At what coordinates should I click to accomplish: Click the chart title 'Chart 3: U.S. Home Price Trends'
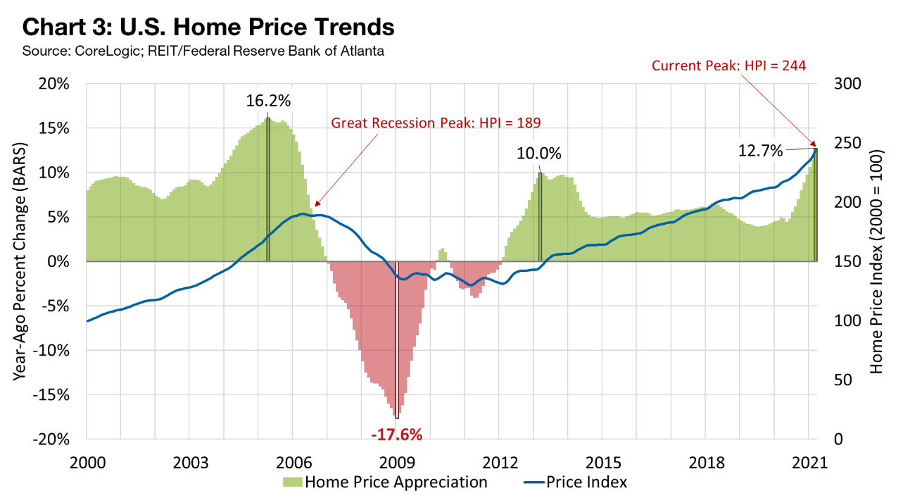[208, 27]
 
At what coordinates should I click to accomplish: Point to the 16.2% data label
[268, 101]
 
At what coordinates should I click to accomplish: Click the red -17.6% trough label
[397, 434]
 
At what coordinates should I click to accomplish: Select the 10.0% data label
[541, 154]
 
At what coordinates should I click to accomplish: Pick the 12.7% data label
[761, 150]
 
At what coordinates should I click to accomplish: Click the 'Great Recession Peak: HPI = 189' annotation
[436, 123]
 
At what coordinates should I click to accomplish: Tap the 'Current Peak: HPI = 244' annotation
[728, 66]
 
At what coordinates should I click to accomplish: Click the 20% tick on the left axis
[53, 84]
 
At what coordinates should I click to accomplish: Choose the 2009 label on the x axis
[397, 462]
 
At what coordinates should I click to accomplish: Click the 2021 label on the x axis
[809, 462]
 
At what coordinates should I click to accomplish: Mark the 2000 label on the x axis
[87, 462]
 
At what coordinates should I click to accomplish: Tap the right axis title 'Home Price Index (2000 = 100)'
[876, 261]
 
